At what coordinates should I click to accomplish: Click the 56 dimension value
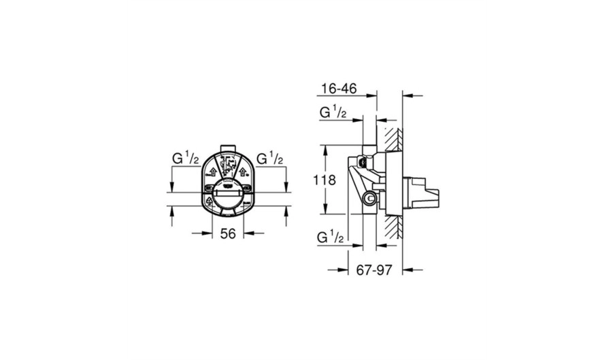(228, 233)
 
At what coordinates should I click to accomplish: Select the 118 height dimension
(325, 180)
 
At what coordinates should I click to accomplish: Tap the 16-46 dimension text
(339, 88)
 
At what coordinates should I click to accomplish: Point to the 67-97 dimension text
(373, 269)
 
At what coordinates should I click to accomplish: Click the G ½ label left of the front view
(186, 159)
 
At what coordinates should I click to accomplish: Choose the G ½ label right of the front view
(270, 159)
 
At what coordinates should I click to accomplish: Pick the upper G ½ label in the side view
(333, 112)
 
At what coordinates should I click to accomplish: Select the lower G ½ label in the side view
(331, 238)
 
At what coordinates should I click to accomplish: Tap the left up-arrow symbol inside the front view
(214, 171)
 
